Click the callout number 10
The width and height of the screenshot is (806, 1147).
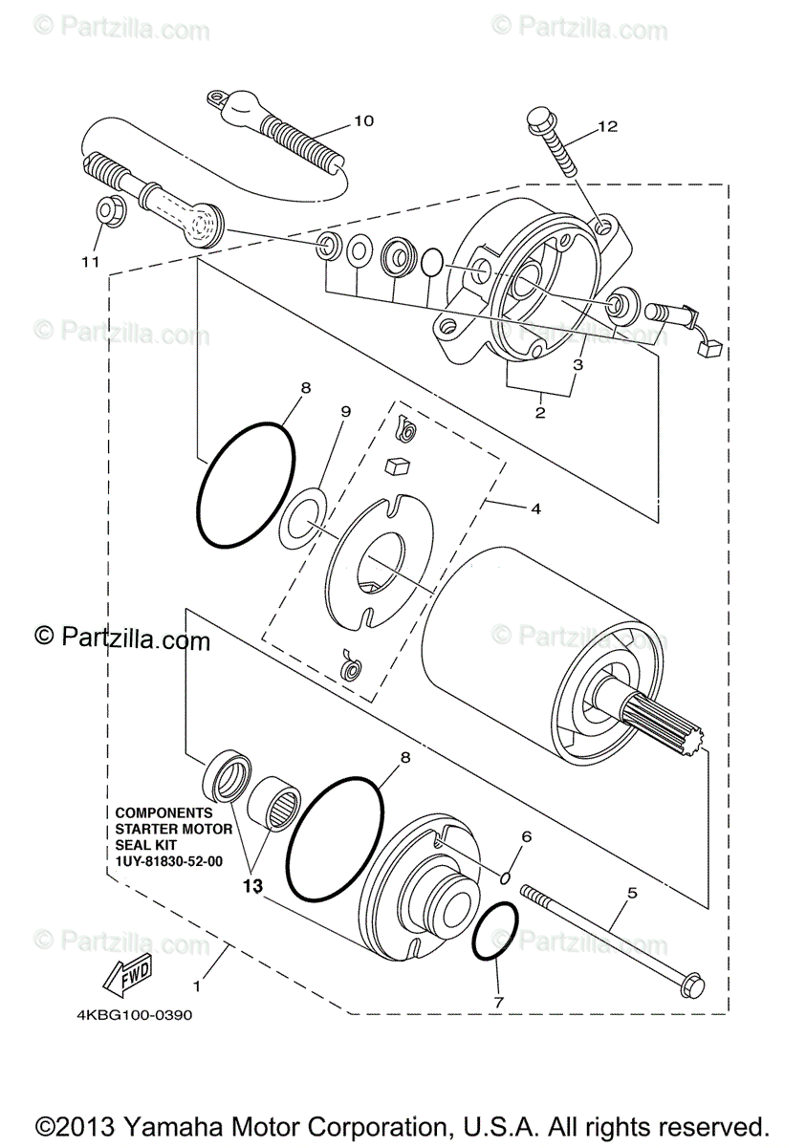(363, 121)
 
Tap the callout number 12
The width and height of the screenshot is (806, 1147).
(608, 126)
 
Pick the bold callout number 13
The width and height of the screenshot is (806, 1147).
(251, 887)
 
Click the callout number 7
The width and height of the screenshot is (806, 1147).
(498, 1003)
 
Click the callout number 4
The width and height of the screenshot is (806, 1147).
(535, 509)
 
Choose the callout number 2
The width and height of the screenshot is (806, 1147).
(540, 413)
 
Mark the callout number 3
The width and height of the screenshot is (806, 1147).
(578, 365)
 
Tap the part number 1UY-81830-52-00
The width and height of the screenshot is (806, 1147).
(168, 861)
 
